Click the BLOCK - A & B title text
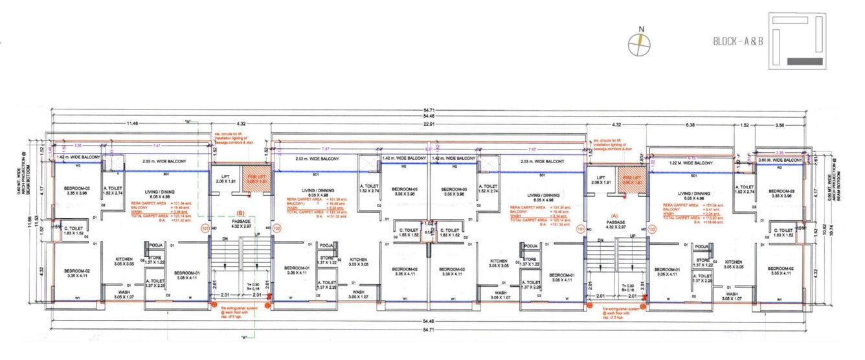click(x=738, y=41)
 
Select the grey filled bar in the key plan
click(x=805, y=61)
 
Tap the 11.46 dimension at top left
click(x=133, y=123)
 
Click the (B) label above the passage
click(x=240, y=212)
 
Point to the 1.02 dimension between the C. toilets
click(x=428, y=224)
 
